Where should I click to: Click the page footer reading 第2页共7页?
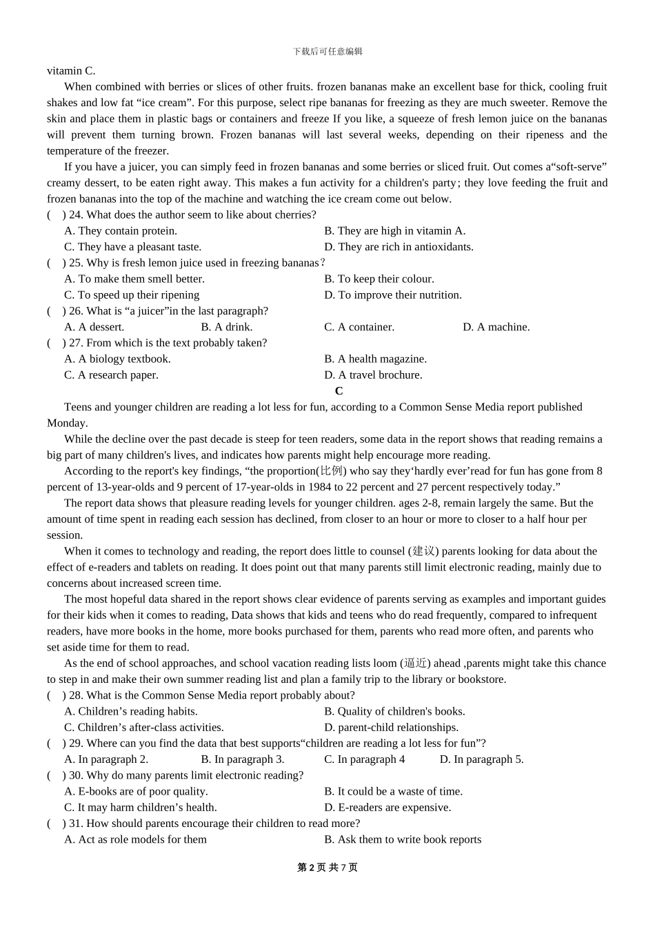click(x=327, y=867)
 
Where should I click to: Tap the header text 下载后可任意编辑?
click(x=327, y=51)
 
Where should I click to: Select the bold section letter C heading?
click(x=339, y=391)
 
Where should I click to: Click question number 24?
click(x=76, y=215)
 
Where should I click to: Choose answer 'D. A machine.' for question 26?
click(x=496, y=327)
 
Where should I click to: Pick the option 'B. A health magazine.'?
click(x=375, y=359)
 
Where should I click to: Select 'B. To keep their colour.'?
click(x=379, y=279)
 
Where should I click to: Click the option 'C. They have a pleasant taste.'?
click(x=132, y=247)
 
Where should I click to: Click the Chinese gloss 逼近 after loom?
click(x=416, y=663)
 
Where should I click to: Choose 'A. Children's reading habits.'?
click(x=131, y=711)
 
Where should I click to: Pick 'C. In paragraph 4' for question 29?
click(x=364, y=759)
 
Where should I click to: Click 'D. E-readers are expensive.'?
click(x=387, y=807)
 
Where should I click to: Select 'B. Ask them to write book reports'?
click(x=403, y=839)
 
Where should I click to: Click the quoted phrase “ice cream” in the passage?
click(x=163, y=103)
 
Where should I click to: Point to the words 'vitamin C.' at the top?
click(x=71, y=70)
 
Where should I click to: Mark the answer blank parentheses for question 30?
click(x=56, y=775)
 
